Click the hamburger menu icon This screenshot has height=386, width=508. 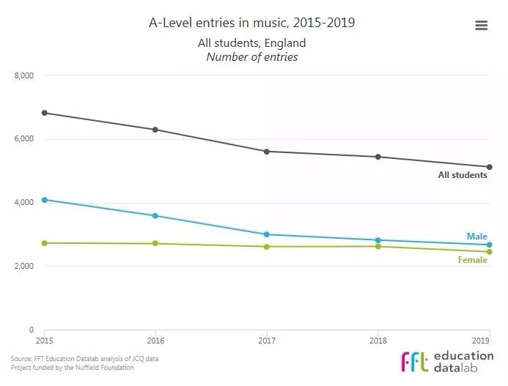[x=482, y=26]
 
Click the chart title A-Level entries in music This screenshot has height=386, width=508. [x=251, y=23]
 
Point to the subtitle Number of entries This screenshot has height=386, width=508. [x=251, y=57]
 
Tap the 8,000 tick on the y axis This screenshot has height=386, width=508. [x=25, y=75]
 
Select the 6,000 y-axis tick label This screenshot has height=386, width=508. [x=25, y=139]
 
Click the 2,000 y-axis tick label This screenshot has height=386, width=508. [x=25, y=267]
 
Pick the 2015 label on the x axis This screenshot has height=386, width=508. [x=45, y=341]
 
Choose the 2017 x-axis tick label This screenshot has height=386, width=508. [x=267, y=341]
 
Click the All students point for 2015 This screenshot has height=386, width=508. [x=45, y=113]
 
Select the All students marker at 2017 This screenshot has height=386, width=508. [x=267, y=152]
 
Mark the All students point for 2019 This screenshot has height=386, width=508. [x=489, y=167]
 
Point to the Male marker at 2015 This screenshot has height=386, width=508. [x=45, y=200]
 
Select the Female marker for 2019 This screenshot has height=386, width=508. [x=489, y=252]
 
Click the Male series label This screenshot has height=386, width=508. [x=476, y=237]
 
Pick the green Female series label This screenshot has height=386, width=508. [x=472, y=260]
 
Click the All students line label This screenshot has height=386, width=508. [x=462, y=176]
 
